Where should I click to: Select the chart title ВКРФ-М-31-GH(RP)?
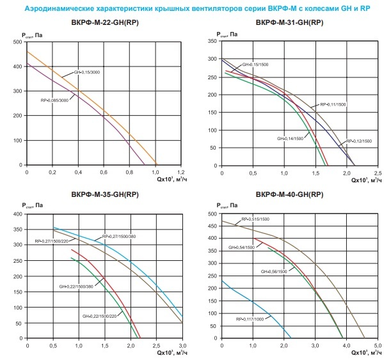tap(289, 22)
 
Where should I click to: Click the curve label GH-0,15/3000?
tap(87, 72)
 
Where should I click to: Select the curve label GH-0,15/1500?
tap(255, 65)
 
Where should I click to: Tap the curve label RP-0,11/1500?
tap(333, 104)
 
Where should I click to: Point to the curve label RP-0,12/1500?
tap(359, 141)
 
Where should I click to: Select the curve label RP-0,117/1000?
tap(250, 318)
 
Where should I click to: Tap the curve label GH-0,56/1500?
tap(274, 272)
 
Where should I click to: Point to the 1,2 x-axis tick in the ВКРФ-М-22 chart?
tap(181, 172)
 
